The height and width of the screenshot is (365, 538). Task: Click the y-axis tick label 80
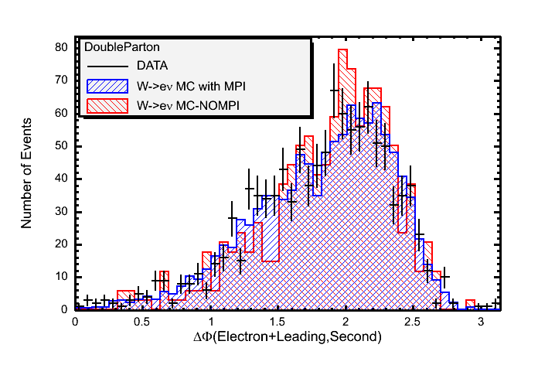click(x=63, y=47)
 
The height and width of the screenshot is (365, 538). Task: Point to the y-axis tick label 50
click(x=63, y=145)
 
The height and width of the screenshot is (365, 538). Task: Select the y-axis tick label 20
click(x=63, y=244)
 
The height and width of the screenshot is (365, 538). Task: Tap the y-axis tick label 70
click(x=63, y=80)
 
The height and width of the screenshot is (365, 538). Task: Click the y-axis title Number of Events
click(x=27, y=173)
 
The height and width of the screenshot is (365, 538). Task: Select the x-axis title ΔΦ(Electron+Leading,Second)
click(x=288, y=337)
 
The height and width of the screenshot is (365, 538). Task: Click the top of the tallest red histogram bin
click(x=344, y=50)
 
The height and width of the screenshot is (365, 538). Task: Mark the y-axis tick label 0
click(x=66, y=309)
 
